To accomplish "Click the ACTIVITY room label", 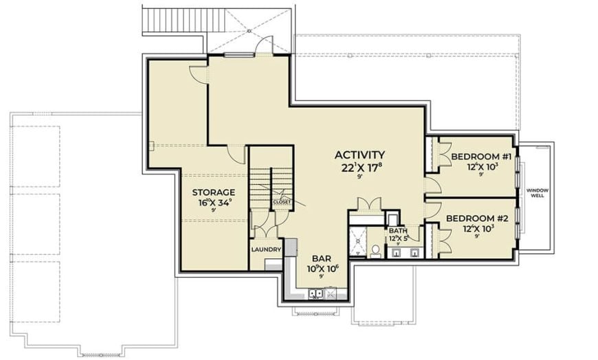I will (359, 155).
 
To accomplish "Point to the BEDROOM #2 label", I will (477, 218).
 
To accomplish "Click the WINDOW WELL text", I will (538, 192).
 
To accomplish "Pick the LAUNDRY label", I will (265, 249).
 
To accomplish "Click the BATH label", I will (398, 231).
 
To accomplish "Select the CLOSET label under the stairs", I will (282, 202).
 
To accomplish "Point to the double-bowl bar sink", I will (317, 295).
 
